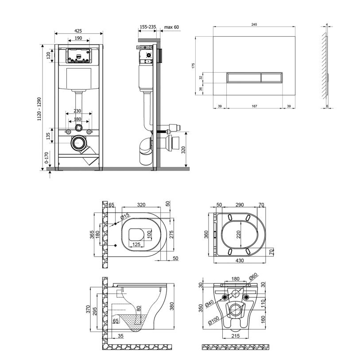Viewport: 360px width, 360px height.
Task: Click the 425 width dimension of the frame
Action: [x=78, y=31]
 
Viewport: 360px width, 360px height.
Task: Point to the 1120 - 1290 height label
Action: [x=39, y=109]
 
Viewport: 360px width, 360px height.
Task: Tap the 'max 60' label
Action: [x=171, y=27]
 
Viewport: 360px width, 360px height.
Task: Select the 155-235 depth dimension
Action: [x=148, y=27]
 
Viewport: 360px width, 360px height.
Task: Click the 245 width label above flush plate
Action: [x=254, y=24]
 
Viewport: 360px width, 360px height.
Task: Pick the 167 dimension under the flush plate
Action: [x=254, y=106]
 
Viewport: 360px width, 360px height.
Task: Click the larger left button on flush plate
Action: [x=244, y=77]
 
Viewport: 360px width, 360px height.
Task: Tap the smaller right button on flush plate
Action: [x=272, y=77]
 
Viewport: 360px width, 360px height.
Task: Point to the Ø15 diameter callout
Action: [x=125, y=216]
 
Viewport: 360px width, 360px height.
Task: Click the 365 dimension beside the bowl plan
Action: [x=92, y=235]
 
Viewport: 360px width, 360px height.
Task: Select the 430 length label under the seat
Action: [x=240, y=260]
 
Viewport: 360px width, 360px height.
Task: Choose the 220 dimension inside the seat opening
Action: [x=238, y=234]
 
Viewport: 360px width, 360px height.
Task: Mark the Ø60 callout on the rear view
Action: [x=253, y=277]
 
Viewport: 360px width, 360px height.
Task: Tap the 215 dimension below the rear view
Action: [x=236, y=336]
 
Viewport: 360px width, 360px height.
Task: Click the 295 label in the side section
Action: [x=95, y=311]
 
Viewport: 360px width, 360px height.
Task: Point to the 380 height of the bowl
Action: [x=172, y=306]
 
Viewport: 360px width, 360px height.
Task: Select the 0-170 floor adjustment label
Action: [x=46, y=158]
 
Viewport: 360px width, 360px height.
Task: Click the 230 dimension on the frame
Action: [x=77, y=111]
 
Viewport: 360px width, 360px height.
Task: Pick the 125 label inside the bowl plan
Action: [x=136, y=244]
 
